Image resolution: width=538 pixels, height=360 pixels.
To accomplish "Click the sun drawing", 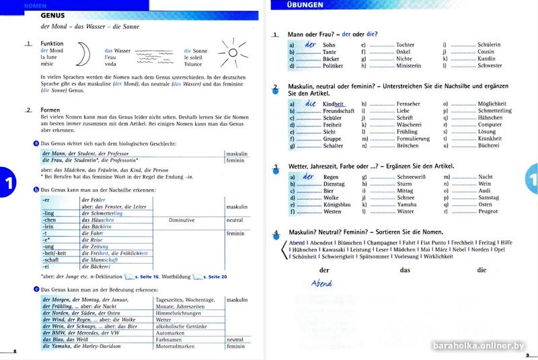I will [x=233, y=52].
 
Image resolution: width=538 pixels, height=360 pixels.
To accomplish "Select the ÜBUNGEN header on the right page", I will [x=305, y=5].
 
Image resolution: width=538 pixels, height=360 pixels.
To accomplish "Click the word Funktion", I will [x=52, y=43].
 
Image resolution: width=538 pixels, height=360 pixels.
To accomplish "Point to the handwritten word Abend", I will [x=322, y=283].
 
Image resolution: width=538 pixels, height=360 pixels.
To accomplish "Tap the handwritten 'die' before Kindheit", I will [x=310, y=104].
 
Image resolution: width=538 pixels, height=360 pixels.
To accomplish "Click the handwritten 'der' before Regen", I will [x=310, y=176].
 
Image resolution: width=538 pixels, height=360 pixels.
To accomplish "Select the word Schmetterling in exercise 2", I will [x=494, y=111].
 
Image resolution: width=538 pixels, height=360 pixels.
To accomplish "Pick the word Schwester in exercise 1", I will [x=489, y=66].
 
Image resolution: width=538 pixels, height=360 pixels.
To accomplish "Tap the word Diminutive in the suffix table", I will [x=182, y=220].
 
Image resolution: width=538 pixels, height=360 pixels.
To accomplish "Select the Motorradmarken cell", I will [x=177, y=347].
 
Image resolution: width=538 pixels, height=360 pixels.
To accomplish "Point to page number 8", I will [x=15, y=353].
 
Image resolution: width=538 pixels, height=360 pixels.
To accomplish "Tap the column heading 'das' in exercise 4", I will [x=405, y=270].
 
